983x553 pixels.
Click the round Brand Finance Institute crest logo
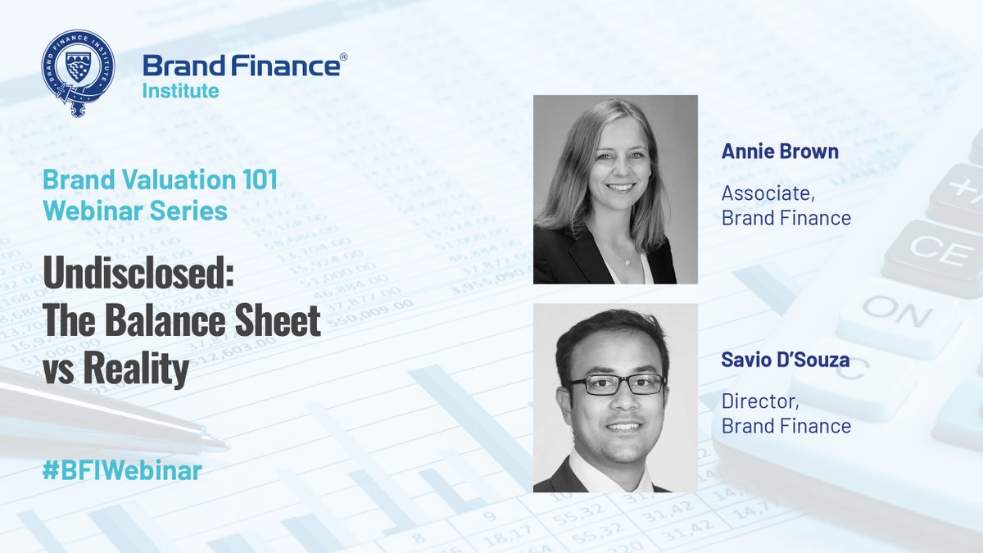click(78, 71)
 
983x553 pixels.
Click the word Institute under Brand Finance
click(180, 90)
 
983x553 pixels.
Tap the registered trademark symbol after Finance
click(342, 58)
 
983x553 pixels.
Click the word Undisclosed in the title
click(138, 278)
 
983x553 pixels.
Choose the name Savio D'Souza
click(784, 359)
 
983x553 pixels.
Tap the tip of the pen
click(224, 446)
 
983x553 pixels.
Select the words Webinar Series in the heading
click(135, 211)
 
